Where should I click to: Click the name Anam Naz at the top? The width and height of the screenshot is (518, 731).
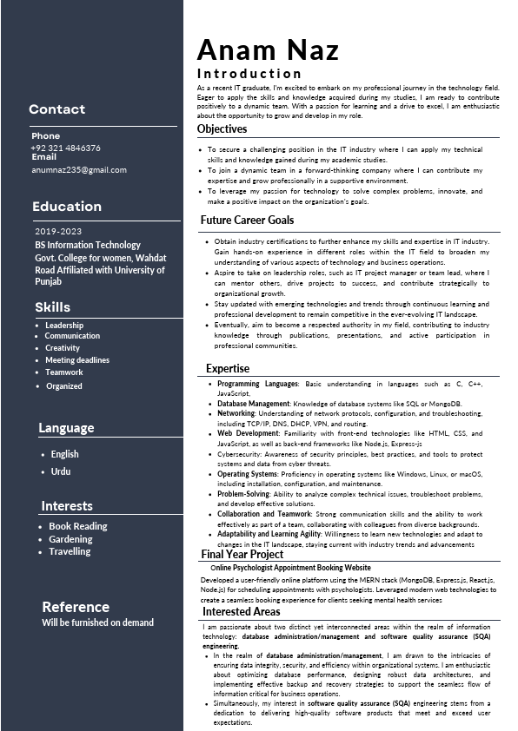point(268,49)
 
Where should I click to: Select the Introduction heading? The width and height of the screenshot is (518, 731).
point(249,74)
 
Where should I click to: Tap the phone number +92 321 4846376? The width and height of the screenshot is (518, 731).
point(65,148)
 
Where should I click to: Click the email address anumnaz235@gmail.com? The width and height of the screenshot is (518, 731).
point(78,169)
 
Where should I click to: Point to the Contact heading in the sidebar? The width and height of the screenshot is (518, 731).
point(56,109)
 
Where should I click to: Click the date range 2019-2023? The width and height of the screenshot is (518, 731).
point(58,232)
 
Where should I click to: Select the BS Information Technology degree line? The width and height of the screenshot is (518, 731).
point(88,245)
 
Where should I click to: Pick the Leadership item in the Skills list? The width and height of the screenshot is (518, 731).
point(64,326)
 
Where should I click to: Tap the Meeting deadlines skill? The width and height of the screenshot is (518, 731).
point(77,360)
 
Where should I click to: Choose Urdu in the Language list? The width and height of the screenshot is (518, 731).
point(61,471)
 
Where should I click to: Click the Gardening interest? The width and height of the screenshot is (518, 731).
point(70,539)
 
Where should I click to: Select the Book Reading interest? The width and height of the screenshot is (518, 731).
point(78,526)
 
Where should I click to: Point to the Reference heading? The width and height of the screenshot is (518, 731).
point(76,607)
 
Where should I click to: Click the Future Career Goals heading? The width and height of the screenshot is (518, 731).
point(247,221)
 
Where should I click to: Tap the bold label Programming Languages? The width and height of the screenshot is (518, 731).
point(257,383)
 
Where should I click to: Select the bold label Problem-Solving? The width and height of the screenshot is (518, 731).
point(243,493)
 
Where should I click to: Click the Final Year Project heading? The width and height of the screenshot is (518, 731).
point(242,554)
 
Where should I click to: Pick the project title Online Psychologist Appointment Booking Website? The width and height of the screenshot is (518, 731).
point(290,567)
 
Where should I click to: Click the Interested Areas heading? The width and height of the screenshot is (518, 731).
point(242,611)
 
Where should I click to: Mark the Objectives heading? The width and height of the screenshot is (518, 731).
point(222,128)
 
